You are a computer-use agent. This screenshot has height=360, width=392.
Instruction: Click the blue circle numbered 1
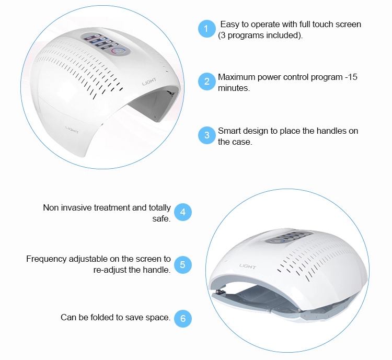(206, 29)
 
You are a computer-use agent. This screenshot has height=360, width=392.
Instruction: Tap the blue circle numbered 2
(207, 82)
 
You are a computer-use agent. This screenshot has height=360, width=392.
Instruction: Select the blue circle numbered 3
(207, 135)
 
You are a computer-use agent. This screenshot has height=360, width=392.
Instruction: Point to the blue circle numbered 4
(182, 212)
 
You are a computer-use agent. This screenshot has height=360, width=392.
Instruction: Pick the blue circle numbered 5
(182, 264)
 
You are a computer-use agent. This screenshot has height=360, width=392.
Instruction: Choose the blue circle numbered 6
(182, 318)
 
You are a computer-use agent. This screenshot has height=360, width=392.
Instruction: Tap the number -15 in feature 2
(351, 77)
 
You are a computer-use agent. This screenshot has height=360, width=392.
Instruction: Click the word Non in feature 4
(51, 208)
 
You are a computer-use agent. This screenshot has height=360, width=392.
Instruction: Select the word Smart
(229, 131)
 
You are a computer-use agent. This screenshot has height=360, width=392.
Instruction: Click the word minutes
(234, 88)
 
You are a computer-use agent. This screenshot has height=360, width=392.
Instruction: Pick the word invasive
(76, 208)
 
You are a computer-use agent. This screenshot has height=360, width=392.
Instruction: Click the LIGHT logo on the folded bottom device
(247, 266)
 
